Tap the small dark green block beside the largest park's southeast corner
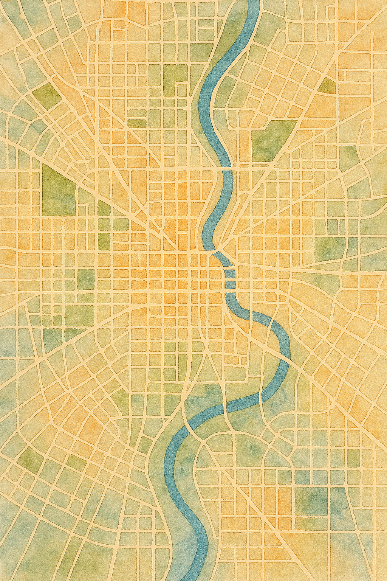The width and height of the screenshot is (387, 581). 103,208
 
